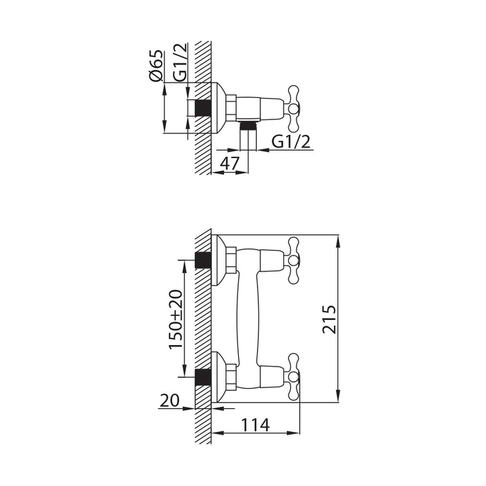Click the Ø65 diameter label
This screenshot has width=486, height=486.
point(156,65)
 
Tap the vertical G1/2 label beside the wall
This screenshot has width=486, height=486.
point(180,62)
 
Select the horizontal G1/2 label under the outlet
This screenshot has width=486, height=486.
point(291,142)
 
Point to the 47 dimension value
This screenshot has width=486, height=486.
point(230,163)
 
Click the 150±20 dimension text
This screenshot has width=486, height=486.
point(176,319)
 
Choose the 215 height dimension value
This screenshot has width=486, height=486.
point(329,319)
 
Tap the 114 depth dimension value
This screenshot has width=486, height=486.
point(255,425)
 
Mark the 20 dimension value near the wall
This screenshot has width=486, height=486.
point(169,400)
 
